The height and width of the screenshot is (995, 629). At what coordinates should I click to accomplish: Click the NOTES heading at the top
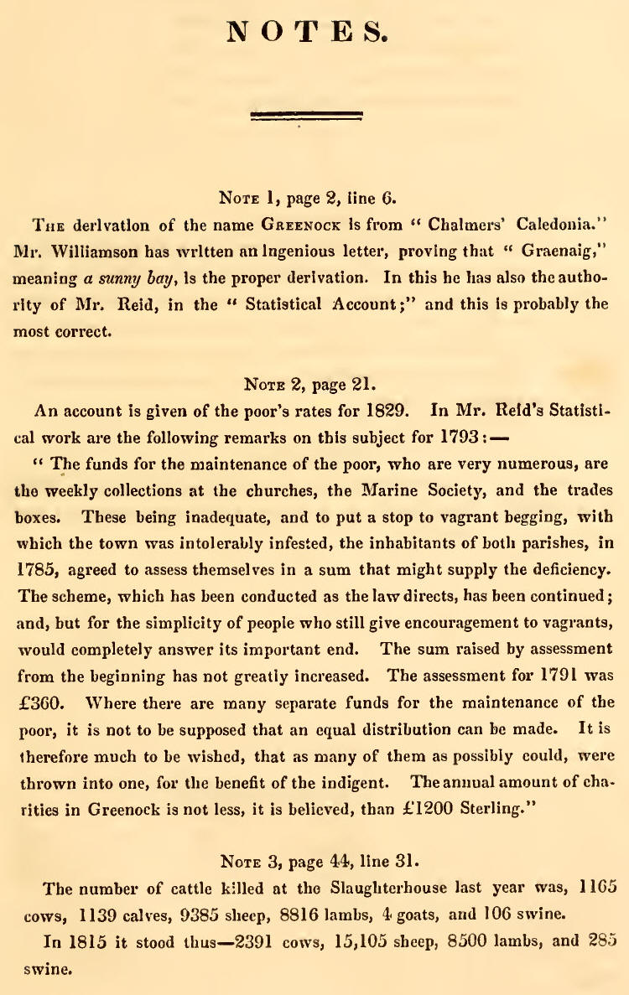click(x=307, y=33)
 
